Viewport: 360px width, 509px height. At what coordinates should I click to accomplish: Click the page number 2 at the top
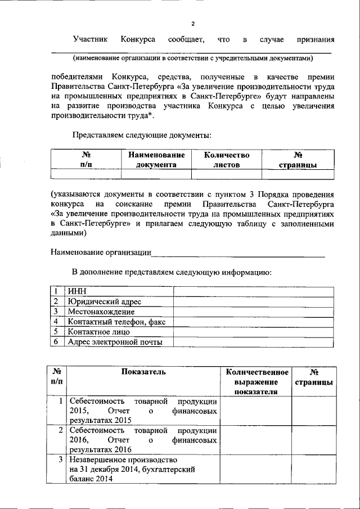tap(193, 24)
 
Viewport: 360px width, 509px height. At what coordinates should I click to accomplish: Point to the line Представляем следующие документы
tap(142, 135)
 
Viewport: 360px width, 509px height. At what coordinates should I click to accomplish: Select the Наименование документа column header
tap(156, 159)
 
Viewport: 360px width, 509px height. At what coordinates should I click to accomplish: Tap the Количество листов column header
tap(226, 159)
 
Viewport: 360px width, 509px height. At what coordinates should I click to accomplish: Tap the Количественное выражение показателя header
tap(257, 382)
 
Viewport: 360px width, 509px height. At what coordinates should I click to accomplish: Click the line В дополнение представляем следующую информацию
tap(172, 273)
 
